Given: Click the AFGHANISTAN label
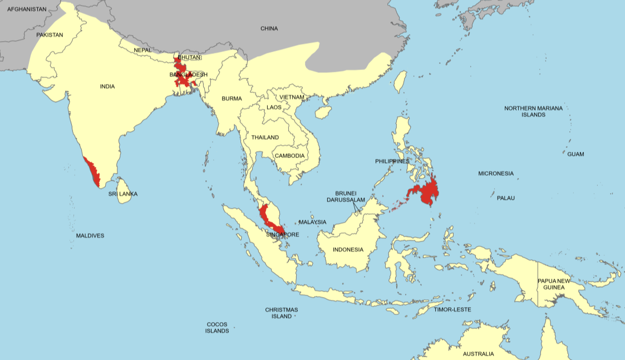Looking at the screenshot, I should point(27,9).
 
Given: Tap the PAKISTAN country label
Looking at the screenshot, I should point(50,35).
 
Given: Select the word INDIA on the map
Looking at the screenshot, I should point(107,86).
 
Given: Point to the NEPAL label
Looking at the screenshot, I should point(142,50).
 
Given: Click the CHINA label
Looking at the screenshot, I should point(269,28).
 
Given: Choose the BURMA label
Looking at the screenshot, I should point(232,98).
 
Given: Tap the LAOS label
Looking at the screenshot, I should point(274,107).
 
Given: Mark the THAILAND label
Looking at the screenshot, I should point(265,137).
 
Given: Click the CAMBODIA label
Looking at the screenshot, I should point(289,156).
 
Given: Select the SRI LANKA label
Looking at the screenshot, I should point(123,194).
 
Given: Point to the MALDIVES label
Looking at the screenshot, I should point(90,236).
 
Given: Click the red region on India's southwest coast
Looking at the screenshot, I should point(92,170).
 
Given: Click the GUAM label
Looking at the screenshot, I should point(575,154).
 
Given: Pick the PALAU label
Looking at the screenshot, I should point(506,198).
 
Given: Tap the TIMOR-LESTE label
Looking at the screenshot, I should point(452,309).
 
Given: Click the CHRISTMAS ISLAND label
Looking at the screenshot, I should point(281,313).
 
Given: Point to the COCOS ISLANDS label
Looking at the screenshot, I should point(217,327).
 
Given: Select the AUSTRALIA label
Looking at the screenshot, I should point(478,354).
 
